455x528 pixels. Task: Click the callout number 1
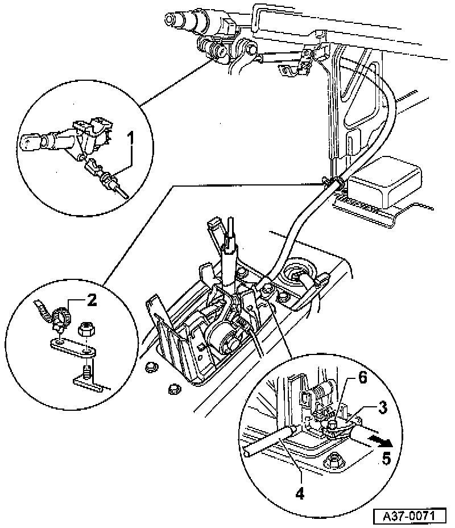(131, 138)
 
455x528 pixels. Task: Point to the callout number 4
(300, 492)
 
